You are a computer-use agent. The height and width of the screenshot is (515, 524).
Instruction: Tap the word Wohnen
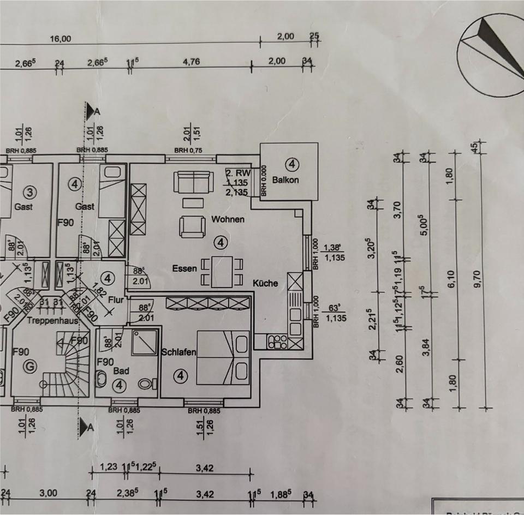pyautogui.click(x=228, y=220)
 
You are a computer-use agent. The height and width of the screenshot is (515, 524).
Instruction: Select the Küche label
pyautogui.click(x=265, y=284)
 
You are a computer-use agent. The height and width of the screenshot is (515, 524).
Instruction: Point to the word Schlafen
pyautogui.click(x=178, y=353)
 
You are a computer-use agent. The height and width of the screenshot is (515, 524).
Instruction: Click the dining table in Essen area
pyautogui.click(x=222, y=272)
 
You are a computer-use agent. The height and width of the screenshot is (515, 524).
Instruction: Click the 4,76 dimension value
pyautogui.click(x=190, y=62)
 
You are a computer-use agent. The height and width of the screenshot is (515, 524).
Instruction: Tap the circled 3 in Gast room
pyautogui.click(x=30, y=192)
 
